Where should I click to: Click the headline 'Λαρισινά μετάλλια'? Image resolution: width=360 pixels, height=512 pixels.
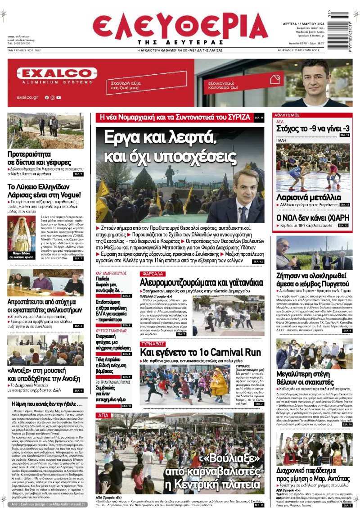coord(309,197)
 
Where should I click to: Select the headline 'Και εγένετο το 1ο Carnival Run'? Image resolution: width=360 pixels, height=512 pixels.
coord(201,352)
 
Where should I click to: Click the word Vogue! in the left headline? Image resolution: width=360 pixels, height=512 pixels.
coord(67,195)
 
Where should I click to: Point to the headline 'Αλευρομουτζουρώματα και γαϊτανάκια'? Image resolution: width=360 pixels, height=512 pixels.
coord(201,283)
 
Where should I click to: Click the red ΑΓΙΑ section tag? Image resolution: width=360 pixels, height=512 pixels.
coord(103,415)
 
